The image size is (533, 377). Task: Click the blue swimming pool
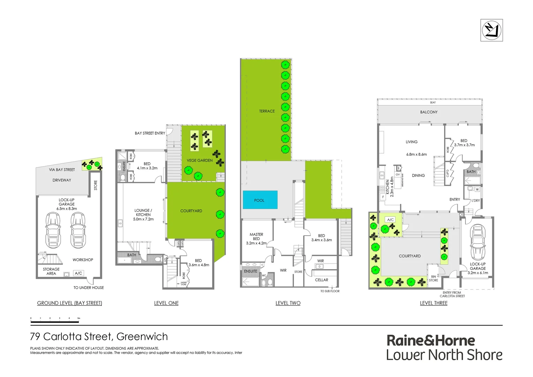[x=260, y=200]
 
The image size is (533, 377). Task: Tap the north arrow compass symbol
[x=491, y=30]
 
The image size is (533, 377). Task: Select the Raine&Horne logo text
[x=431, y=340]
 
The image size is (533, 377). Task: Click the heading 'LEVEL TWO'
[x=288, y=303]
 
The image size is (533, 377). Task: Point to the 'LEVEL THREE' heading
[x=434, y=303]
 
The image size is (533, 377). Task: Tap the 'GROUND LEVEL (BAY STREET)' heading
[x=69, y=303]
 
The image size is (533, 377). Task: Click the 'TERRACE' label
[x=267, y=111]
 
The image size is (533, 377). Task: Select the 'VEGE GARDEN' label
[x=200, y=161]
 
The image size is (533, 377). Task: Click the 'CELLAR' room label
[x=321, y=280]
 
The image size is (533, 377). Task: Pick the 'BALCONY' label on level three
[x=429, y=112]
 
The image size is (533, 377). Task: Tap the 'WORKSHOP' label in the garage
[x=83, y=260]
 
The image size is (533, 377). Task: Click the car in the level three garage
[x=477, y=242]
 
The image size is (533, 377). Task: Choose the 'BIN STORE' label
[x=433, y=278]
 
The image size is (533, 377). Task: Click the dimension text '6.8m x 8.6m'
[x=416, y=154]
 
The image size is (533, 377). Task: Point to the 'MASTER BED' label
[x=256, y=237]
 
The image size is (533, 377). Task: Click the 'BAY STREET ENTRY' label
[x=150, y=133]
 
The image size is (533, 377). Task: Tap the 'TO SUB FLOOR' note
[x=330, y=291]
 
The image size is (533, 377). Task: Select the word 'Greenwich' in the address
[x=142, y=337]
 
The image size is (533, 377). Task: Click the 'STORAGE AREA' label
[x=51, y=271]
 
